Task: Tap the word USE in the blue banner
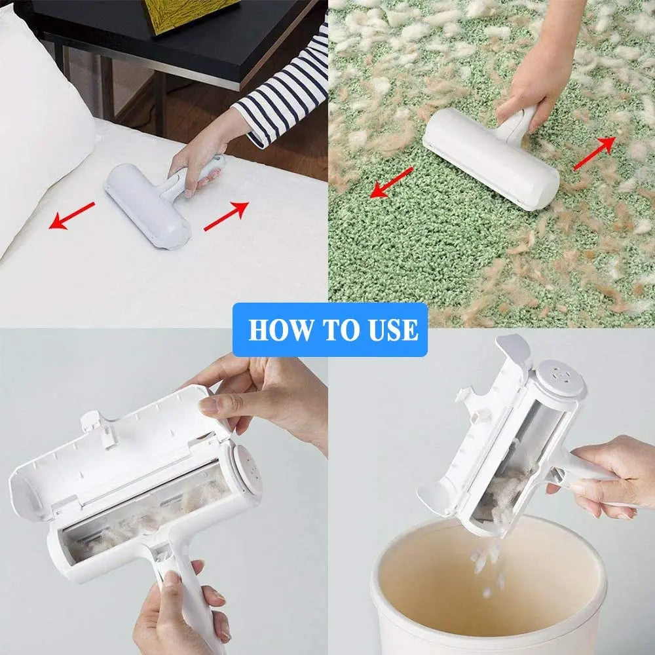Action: click(390, 329)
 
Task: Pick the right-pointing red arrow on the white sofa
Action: click(226, 217)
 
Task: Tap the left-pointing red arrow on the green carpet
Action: click(392, 181)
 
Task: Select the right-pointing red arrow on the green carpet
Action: click(594, 153)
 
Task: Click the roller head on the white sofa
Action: click(147, 205)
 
